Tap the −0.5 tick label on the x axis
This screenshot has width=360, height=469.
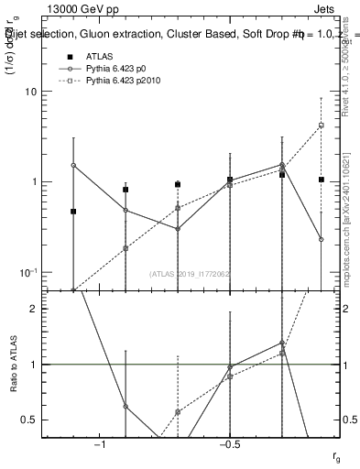[228, 444]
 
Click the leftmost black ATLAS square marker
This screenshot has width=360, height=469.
[73, 212]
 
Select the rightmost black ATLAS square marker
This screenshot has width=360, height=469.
[322, 180]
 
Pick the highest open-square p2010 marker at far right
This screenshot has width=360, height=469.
[322, 125]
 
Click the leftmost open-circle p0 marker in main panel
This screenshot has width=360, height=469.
[73, 166]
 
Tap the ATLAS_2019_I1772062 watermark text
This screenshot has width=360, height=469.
[190, 273]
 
